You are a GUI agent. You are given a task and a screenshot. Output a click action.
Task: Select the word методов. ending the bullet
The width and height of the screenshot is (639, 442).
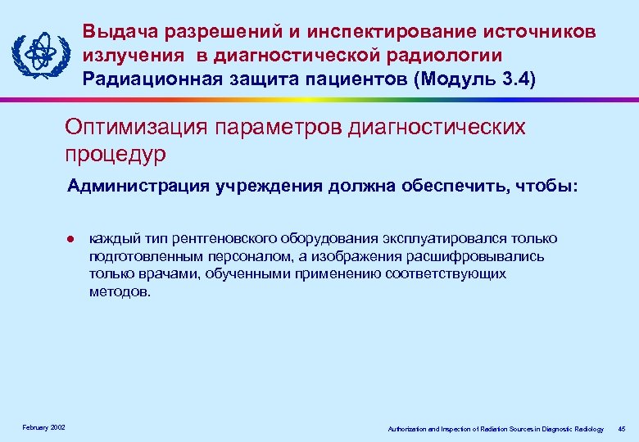click(x=120, y=291)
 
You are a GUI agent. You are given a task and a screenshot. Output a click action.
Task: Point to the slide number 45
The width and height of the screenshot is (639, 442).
click(x=621, y=428)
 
